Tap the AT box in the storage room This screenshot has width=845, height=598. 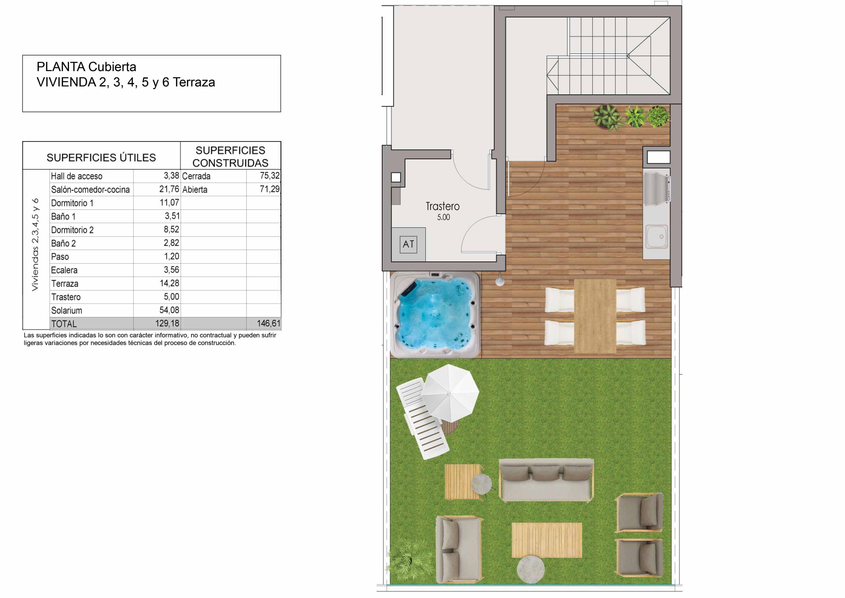[408, 244]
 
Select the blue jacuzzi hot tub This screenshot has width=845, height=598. [436, 315]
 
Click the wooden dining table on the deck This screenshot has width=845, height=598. [595, 316]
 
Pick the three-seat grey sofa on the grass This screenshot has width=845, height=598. [546, 480]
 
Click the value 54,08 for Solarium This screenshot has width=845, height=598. [169, 310]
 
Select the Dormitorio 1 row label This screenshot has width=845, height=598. [72, 203]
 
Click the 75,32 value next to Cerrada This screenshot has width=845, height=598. [270, 176]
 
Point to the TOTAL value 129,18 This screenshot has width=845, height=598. [167, 323]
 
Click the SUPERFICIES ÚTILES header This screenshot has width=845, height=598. [101, 158]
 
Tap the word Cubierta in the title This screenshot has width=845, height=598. [112, 67]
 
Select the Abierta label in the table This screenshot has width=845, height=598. [195, 190]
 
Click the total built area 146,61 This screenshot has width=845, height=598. [269, 323]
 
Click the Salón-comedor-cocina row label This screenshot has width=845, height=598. [90, 190]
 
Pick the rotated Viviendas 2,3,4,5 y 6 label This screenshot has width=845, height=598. [35, 245]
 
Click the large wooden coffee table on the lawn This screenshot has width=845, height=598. [547, 540]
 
